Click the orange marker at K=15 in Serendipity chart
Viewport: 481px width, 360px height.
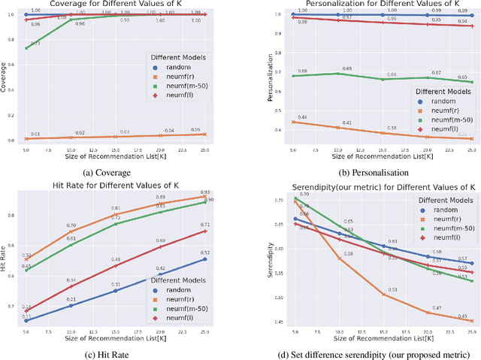point(383,295)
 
